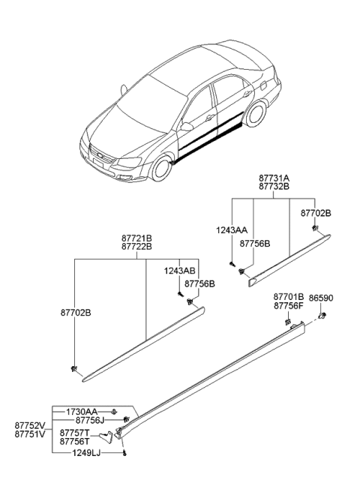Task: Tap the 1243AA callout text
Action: click(x=232, y=231)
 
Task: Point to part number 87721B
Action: click(x=136, y=238)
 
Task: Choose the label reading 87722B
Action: click(x=136, y=247)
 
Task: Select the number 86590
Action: click(x=322, y=298)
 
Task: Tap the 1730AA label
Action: click(x=80, y=412)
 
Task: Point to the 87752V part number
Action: click(x=30, y=424)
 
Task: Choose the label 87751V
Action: click(x=30, y=433)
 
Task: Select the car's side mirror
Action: click(x=185, y=127)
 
